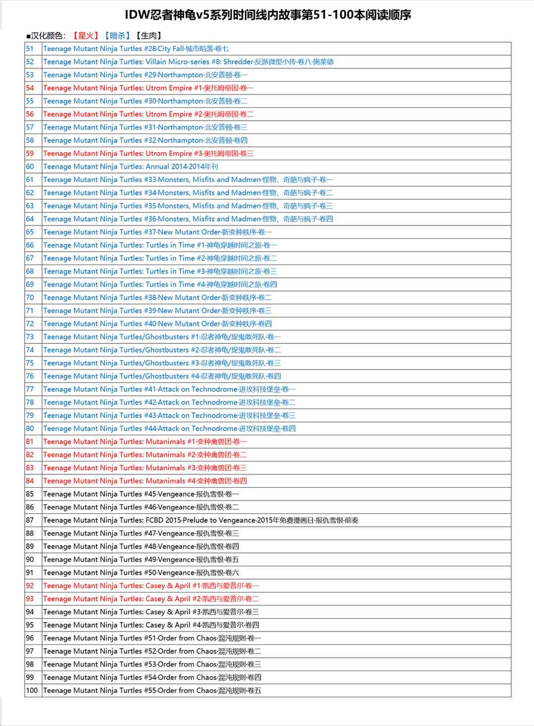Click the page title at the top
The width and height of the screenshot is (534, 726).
[267, 15]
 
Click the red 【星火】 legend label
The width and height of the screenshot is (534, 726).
[86, 36]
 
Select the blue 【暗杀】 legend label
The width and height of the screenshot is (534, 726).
[118, 36]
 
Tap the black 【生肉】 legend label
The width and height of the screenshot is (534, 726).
[149, 36]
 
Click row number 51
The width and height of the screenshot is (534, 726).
[30, 48]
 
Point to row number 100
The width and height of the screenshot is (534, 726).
[32, 690]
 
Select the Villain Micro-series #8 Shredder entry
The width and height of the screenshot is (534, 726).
[188, 62]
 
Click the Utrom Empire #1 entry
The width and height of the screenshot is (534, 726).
[148, 88]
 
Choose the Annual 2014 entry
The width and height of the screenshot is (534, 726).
[131, 167]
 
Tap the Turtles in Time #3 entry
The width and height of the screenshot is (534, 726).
[160, 272]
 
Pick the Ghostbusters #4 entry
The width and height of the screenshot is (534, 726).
[162, 376]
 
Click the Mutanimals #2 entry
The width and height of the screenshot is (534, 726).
[145, 455]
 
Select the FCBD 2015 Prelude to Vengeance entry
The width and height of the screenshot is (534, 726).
[201, 520]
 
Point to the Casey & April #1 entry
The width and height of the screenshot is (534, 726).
[151, 586]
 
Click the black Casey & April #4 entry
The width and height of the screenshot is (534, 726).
[151, 625]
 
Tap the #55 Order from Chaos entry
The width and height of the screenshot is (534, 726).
[152, 690]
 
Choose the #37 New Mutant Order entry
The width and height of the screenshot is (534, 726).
[157, 232]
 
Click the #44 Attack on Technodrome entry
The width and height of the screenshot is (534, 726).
[170, 429]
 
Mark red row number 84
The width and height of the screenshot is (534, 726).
[30, 481]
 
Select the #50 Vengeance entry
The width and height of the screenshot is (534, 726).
[141, 573]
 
